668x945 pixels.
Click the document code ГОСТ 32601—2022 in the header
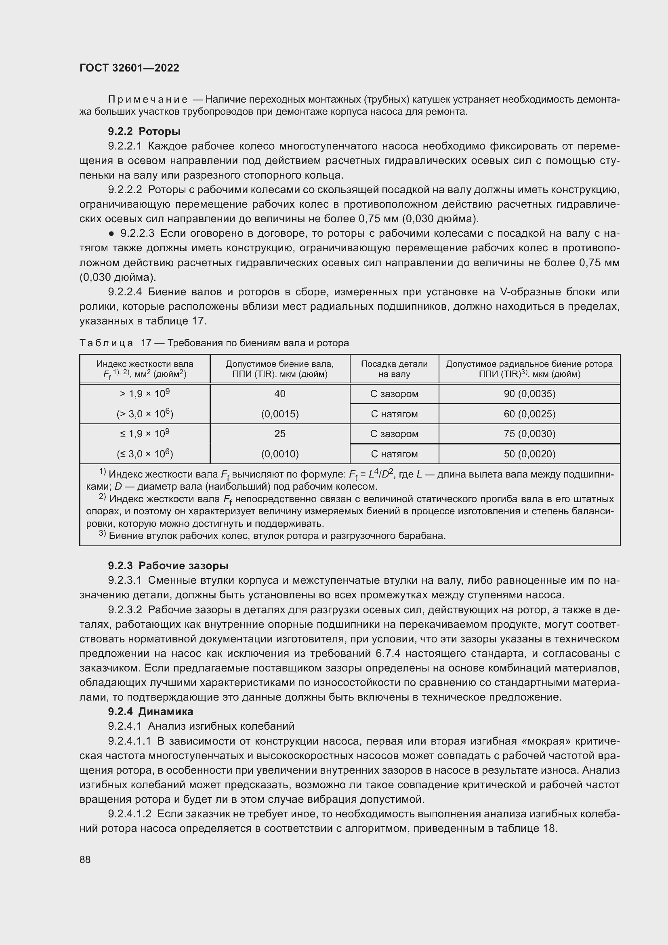click(129, 68)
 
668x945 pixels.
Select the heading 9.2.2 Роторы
click(144, 131)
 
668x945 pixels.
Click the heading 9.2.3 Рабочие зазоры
click(168, 566)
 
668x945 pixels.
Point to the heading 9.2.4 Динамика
click(150, 711)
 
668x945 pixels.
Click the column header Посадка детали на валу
click(394, 369)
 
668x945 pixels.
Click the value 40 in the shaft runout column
click(280, 394)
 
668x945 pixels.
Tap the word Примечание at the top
click(148, 100)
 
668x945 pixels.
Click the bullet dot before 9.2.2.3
click(111, 234)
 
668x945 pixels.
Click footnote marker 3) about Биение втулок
click(103, 534)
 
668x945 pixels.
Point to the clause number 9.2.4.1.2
click(130, 814)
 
